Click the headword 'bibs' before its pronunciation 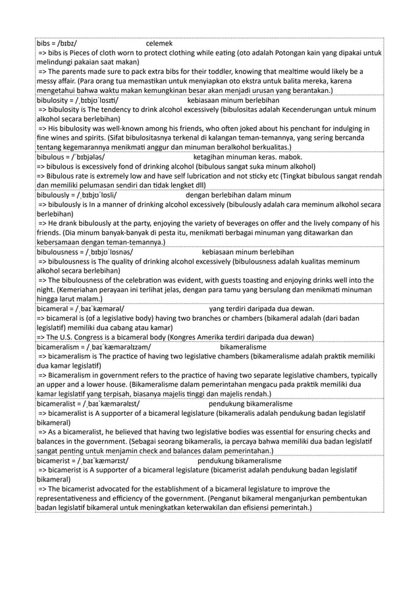pos(44,42)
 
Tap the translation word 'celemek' pos(159,42)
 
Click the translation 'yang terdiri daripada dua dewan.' pos(261,310)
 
